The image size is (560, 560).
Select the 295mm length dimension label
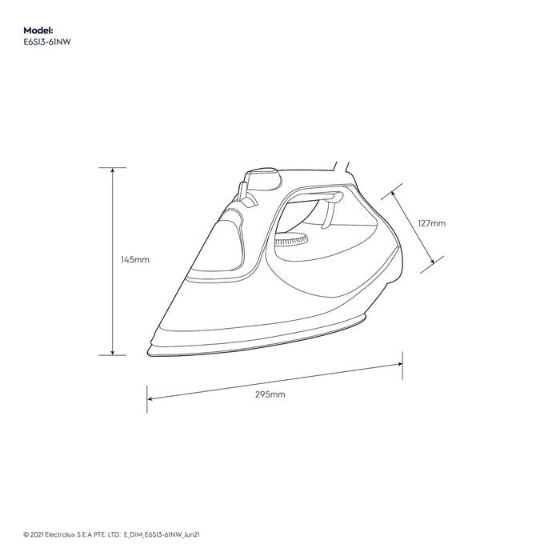(x=270, y=395)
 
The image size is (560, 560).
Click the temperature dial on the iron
(x=290, y=242)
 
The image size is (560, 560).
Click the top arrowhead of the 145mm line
(x=112, y=170)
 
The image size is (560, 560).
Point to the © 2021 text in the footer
(x=37, y=530)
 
